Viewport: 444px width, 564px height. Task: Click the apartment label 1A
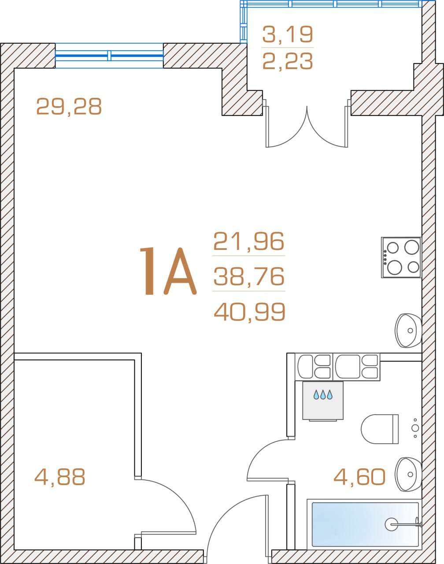coord(168,271)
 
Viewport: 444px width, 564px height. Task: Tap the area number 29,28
coord(69,106)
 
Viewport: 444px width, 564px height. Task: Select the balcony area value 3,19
coord(288,34)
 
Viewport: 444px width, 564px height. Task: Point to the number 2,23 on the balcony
coord(288,61)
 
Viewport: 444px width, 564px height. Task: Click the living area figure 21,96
coord(249,241)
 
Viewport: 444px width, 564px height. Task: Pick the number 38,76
coord(249,276)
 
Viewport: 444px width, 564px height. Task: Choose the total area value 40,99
coord(249,312)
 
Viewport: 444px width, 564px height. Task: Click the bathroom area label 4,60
coord(359,477)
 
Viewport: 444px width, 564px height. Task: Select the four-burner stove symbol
coord(401,257)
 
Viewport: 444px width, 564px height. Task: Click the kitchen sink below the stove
coord(408,330)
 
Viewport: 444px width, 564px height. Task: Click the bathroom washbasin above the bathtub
coord(408,475)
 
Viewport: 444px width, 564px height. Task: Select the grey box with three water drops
coord(323,401)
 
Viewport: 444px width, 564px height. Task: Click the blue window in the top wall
coord(109,56)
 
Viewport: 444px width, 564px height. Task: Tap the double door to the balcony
coord(307,123)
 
